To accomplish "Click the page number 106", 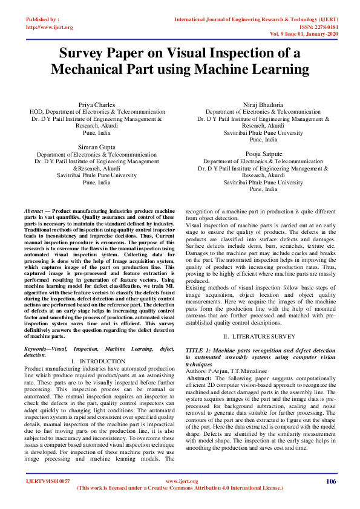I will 330,481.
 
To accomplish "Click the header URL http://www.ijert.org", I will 50,27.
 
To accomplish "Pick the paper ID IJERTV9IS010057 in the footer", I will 48,481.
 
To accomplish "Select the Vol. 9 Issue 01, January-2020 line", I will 304,35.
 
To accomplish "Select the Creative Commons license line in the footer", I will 180,487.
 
